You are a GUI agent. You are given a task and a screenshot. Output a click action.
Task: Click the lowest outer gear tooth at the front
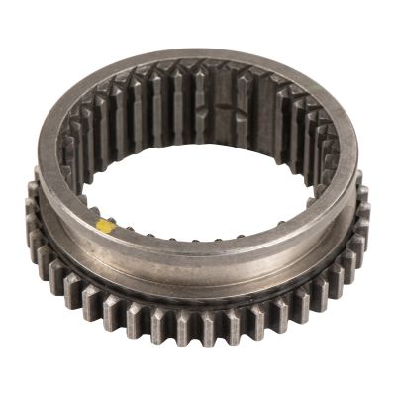click(x=198, y=328)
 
